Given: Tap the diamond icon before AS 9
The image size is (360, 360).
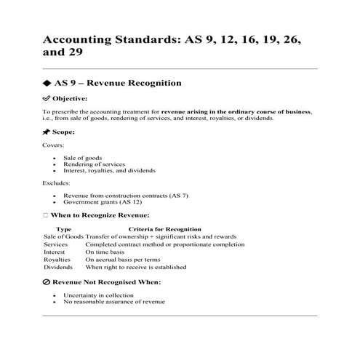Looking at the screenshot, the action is pos(47,83).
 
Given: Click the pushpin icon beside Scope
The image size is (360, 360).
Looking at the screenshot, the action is pos(47,132).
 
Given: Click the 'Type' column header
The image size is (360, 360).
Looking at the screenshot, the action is pos(63,229).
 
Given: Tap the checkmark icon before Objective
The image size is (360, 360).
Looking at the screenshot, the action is pos(47,98).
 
